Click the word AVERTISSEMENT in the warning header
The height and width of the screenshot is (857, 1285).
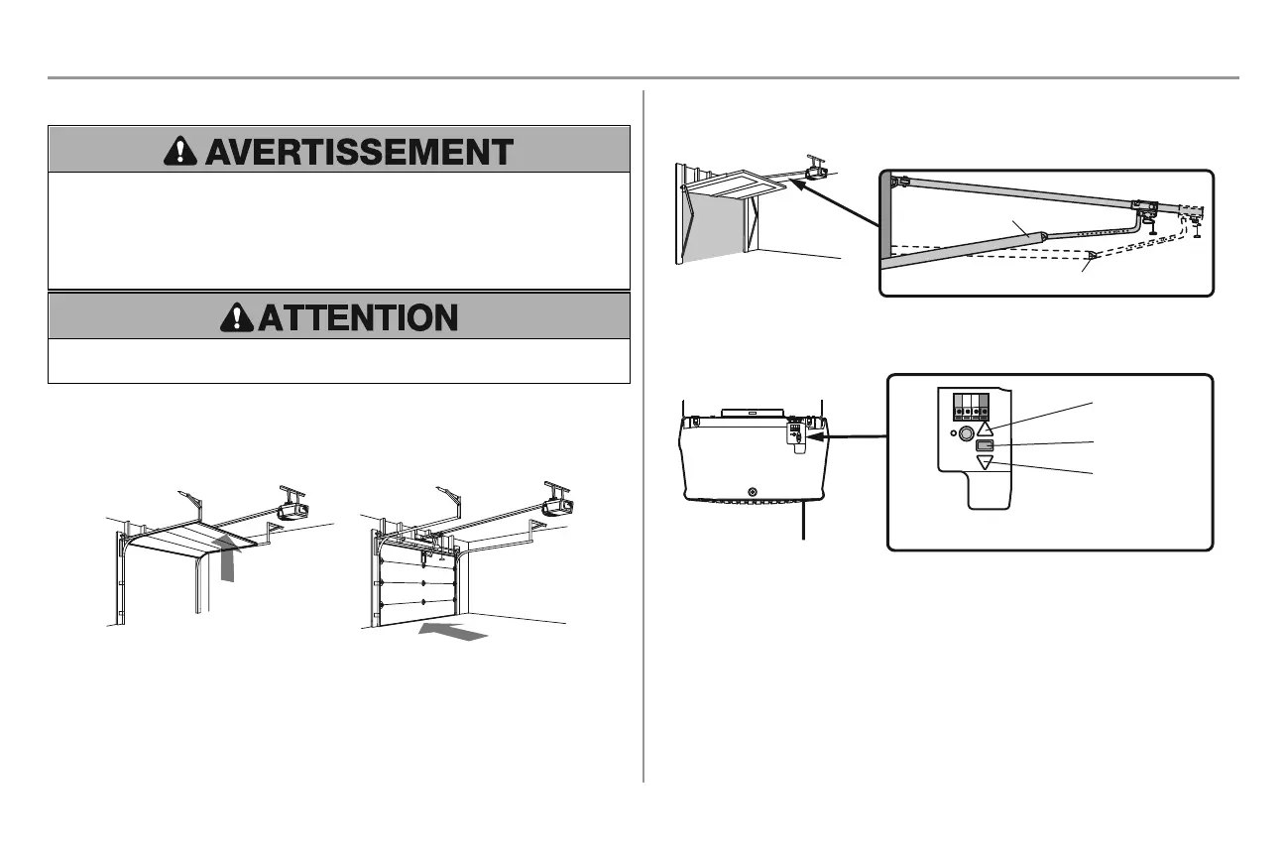(358, 152)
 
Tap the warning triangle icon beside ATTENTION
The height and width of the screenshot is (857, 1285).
(236, 317)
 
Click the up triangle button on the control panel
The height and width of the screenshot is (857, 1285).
(984, 428)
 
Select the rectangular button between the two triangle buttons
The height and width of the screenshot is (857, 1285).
(984, 445)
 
